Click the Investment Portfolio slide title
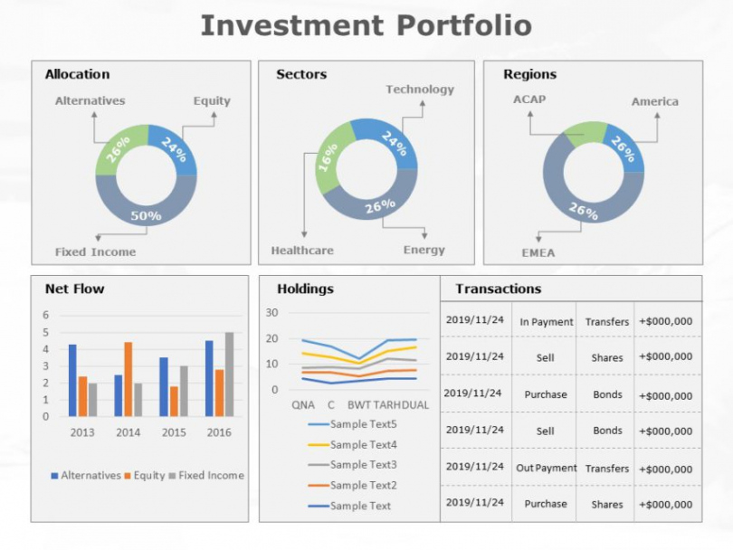click(366, 25)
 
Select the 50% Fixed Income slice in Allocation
click(146, 213)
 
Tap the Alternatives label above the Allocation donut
click(90, 101)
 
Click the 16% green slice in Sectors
click(328, 160)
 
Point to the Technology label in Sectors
click(420, 90)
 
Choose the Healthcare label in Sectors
click(302, 251)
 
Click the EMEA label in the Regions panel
click(538, 252)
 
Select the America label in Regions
click(654, 102)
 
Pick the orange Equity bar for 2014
click(129, 379)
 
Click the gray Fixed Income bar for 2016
click(229, 375)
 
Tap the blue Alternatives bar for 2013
click(72, 380)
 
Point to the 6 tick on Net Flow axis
click(47, 316)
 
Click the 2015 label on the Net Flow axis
click(174, 432)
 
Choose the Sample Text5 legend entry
click(362, 424)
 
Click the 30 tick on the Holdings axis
click(272, 313)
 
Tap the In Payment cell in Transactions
click(547, 322)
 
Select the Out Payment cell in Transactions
click(547, 469)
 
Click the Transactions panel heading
click(498, 289)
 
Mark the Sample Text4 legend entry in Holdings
click(362, 445)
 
